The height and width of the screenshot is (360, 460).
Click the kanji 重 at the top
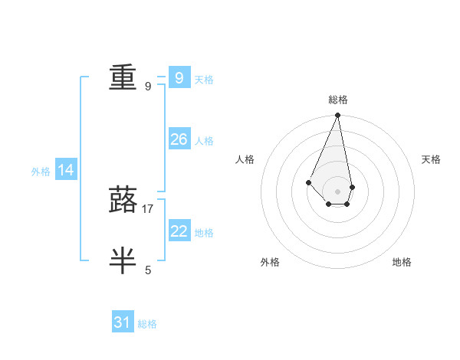(x=123, y=77)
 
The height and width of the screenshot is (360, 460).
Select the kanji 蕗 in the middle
(x=123, y=198)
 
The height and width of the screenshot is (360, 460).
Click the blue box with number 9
(x=179, y=78)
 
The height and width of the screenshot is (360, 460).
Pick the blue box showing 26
(x=179, y=139)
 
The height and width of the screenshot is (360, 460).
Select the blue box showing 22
(x=179, y=231)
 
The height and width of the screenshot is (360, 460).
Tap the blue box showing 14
(x=66, y=170)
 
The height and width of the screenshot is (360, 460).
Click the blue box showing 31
(x=123, y=322)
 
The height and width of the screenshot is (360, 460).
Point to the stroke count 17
(x=148, y=208)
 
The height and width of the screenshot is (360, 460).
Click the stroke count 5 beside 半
(x=148, y=270)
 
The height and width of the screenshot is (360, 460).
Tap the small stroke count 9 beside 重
(x=148, y=87)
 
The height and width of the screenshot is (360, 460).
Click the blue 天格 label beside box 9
(x=204, y=79)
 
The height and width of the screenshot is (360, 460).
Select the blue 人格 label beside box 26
(x=204, y=141)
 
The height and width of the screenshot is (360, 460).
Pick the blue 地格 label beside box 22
(x=204, y=233)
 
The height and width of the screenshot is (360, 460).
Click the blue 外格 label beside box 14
(x=41, y=172)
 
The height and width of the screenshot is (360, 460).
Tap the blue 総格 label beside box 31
(x=147, y=324)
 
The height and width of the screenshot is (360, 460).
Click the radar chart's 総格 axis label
(x=337, y=100)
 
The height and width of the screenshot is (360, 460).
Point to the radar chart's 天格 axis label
(x=431, y=159)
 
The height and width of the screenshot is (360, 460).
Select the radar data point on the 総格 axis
(x=337, y=116)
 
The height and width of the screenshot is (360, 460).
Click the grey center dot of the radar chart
(x=337, y=191)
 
